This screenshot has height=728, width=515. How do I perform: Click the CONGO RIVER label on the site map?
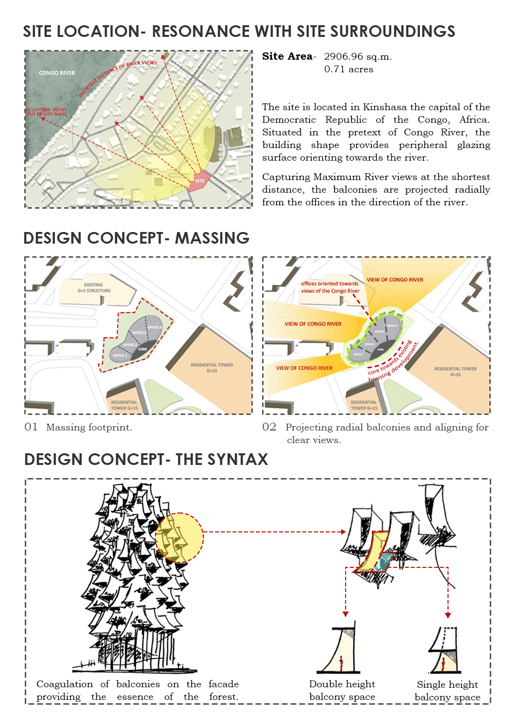[57, 73]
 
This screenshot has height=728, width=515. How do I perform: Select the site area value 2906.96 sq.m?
[358, 57]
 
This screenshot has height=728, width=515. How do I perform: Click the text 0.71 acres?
[349, 69]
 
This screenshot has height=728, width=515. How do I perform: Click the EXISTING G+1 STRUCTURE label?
[94, 288]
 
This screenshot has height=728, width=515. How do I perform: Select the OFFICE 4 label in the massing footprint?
[154, 328]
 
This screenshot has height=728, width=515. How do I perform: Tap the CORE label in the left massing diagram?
[142, 349]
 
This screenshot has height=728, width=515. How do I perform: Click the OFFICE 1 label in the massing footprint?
[119, 356]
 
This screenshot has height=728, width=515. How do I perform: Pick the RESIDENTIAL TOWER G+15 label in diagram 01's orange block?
[212, 368]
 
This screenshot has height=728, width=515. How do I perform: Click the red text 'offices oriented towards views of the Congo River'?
[330, 287]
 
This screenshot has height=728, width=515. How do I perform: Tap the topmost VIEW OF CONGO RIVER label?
[395, 280]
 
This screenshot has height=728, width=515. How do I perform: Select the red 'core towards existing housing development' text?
[393, 362]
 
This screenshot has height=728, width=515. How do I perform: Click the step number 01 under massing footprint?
[31, 427]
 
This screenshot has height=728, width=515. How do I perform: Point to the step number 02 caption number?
[269, 427]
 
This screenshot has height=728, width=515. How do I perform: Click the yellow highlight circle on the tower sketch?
[179, 538]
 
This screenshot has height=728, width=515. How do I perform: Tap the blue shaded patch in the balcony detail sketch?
[386, 561]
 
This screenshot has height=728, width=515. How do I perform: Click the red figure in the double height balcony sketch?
[341, 662]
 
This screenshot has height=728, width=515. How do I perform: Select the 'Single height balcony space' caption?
[447, 691]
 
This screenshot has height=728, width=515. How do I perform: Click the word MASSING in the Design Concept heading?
[212, 238]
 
